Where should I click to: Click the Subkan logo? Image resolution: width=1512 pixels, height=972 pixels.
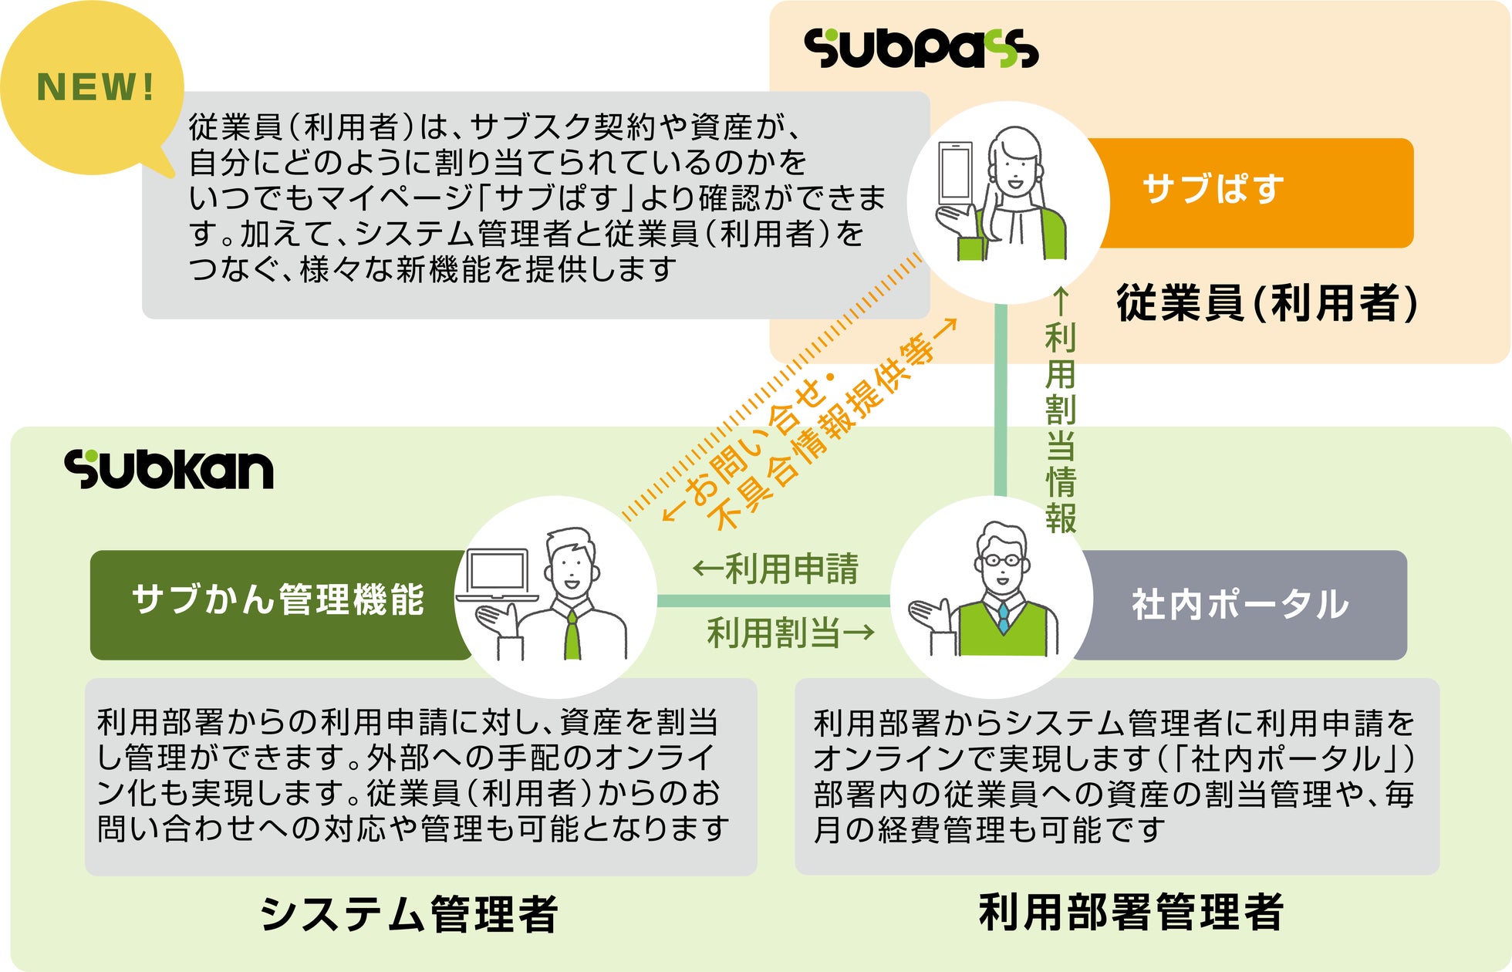tap(169, 469)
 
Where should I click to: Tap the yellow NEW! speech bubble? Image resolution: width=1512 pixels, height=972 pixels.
tap(92, 87)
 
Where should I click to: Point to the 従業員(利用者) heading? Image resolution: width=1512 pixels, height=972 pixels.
tap(1266, 302)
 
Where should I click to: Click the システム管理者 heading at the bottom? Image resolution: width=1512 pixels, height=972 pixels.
tap(409, 914)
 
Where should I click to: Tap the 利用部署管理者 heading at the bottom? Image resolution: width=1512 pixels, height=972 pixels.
tap(1131, 913)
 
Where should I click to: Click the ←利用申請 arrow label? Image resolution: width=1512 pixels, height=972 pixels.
tap(775, 569)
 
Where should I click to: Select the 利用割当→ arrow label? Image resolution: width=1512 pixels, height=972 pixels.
tap(791, 633)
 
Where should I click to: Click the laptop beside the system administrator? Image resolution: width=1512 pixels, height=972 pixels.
tap(497, 575)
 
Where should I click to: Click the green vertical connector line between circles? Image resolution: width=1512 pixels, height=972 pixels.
tap(1000, 401)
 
